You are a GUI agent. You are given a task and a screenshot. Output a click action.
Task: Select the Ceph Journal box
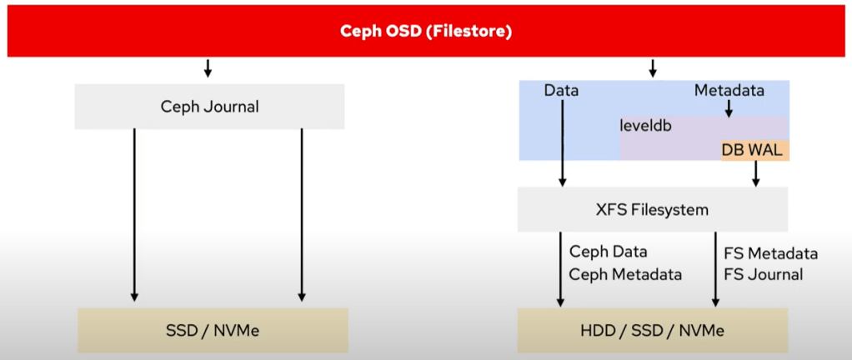coord(209,107)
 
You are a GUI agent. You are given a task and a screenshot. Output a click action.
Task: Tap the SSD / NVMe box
coord(213,330)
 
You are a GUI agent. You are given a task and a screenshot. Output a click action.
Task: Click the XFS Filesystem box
coord(652,209)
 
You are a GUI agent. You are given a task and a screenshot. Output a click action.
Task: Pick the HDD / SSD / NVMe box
coord(653,330)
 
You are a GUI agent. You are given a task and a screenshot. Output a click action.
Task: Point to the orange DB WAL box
coord(754,150)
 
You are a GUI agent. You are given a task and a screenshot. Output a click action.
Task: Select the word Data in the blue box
coord(561,91)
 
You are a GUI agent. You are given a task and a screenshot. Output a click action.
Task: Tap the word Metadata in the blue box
coord(729,91)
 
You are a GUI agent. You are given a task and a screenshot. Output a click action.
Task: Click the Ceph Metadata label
coord(625,274)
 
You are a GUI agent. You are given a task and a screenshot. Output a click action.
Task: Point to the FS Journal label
coord(764,274)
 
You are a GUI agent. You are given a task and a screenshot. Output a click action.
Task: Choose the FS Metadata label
coord(770,253)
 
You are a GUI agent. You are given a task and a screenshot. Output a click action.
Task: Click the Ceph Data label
coord(608,251)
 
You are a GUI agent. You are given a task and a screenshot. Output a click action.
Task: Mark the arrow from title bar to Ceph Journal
coord(208,67)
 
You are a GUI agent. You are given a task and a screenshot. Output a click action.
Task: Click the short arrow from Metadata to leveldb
coord(729,108)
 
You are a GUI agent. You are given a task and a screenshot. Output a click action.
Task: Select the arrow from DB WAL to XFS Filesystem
coord(755,173)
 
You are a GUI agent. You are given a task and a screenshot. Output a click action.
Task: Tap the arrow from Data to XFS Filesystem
coord(563,142)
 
